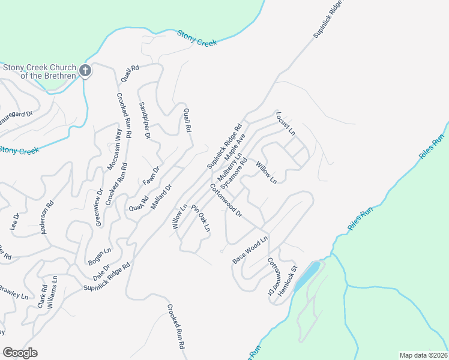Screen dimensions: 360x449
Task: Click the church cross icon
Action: tap(85, 71)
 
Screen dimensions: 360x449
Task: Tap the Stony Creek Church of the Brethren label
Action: tap(41, 71)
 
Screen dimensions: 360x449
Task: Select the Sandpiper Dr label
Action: tap(144, 120)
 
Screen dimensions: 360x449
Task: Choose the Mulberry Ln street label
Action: tap(229, 167)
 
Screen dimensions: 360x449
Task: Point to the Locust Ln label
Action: tap(286, 123)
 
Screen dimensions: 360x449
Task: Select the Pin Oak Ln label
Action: tap(201, 218)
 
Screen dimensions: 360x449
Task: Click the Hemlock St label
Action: tap(289, 277)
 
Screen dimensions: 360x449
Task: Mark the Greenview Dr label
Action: tap(99, 205)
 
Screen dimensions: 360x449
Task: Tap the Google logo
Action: tap(20, 353)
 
